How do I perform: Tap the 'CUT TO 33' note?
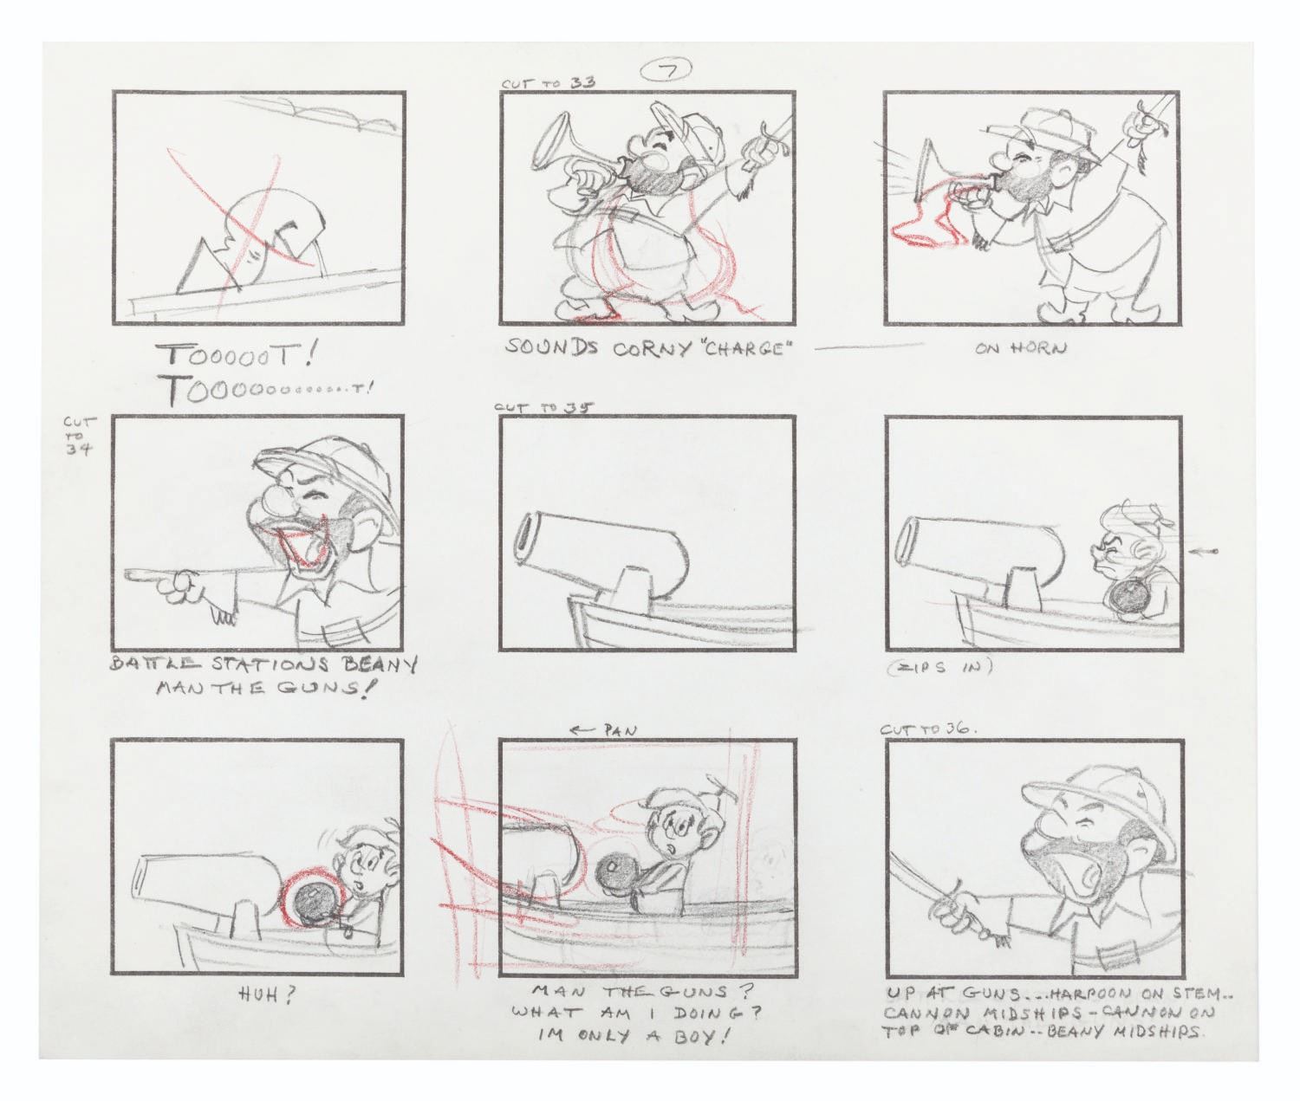(549, 83)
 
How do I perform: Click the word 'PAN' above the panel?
(621, 731)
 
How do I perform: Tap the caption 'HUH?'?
(267, 997)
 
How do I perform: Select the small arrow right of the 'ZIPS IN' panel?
(1202, 552)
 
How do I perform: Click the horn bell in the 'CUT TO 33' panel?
(552, 146)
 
